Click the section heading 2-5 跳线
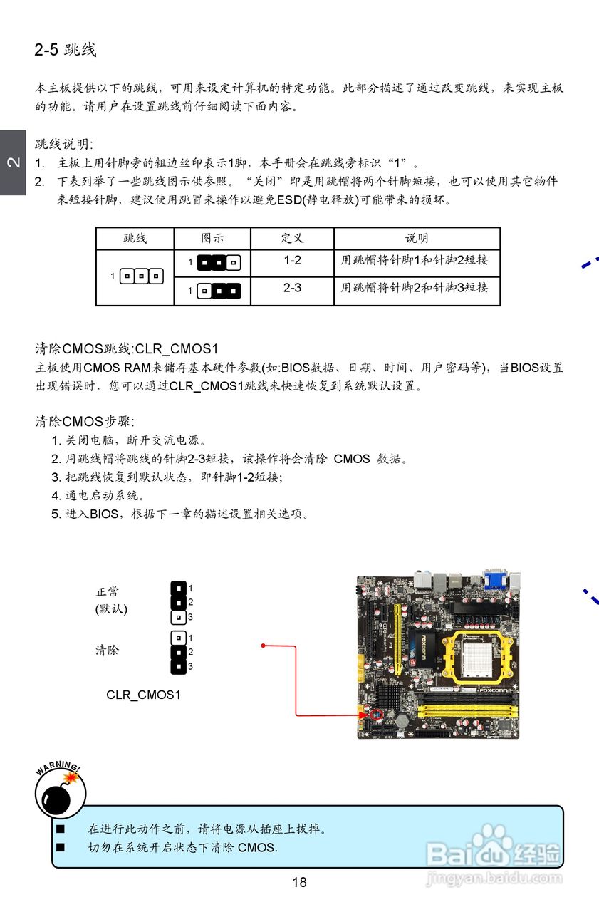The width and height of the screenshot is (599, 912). pos(65,50)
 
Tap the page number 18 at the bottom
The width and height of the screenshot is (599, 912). pos(299,882)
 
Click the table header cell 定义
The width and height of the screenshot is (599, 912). pos(292,238)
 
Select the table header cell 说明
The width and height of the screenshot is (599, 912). pos(417,238)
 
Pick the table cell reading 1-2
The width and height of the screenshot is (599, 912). pos(292,261)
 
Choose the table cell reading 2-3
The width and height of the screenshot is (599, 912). pos(292,289)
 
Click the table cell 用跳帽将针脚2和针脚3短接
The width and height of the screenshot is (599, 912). pos(415,288)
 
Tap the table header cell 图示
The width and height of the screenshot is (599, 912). pos(212,238)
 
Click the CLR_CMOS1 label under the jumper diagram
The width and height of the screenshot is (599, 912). pos(143,694)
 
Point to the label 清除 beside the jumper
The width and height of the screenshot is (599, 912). pos(108,650)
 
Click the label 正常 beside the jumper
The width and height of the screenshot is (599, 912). pos(108,591)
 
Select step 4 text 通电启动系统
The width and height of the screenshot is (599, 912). pos(103,495)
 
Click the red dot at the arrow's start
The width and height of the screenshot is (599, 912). pos(264,646)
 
